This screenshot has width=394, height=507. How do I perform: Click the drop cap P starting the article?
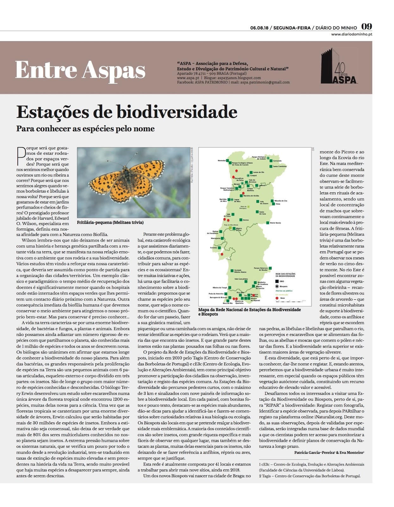[21, 156]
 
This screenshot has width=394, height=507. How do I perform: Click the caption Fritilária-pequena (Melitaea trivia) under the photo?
[110, 222]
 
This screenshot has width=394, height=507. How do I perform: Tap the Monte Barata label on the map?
[275, 223]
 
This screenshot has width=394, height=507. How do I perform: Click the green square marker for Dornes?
[241, 220]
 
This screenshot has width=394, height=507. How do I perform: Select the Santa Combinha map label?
[280, 166]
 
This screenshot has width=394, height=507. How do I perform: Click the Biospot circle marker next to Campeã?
[248, 175]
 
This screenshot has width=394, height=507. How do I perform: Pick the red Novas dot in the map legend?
[277, 298]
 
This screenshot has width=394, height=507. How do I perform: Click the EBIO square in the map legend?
[277, 281]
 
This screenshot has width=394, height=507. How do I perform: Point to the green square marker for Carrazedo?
[271, 161]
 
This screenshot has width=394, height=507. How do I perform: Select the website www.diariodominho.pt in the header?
[352, 34]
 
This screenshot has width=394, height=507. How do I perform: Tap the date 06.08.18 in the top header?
[259, 28]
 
